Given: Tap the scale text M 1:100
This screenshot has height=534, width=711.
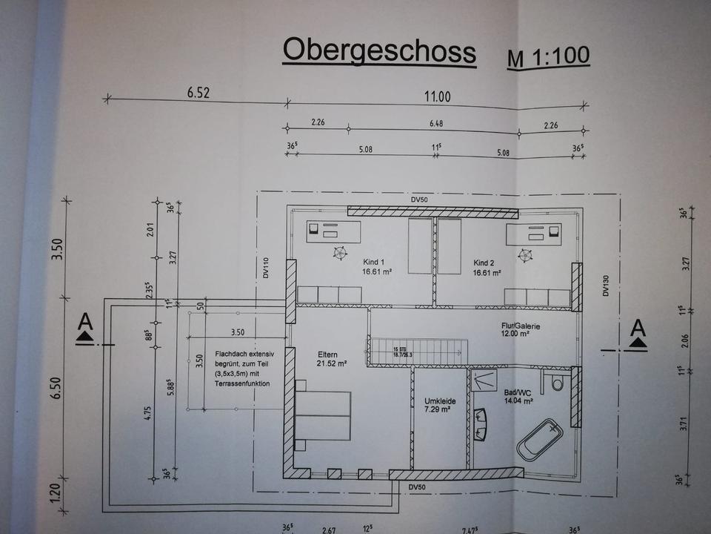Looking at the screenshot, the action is (x=548, y=58).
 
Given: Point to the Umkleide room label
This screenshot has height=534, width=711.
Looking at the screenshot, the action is (x=439, y=401).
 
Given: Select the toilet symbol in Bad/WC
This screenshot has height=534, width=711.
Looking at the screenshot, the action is (x=558, y=383).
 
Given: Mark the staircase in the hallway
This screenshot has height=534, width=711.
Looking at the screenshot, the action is (x=419, y=352).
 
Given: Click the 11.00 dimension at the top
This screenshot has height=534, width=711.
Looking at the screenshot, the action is (x=436, y=96).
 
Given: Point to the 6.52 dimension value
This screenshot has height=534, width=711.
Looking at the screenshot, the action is (x=198, y=93).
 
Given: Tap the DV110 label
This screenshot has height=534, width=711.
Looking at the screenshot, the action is (x=267, y=268).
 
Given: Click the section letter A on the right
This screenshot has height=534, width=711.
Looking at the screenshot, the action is (x=638, y=326).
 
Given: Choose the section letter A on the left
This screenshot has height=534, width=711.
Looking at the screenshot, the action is (x=85, y=322).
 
